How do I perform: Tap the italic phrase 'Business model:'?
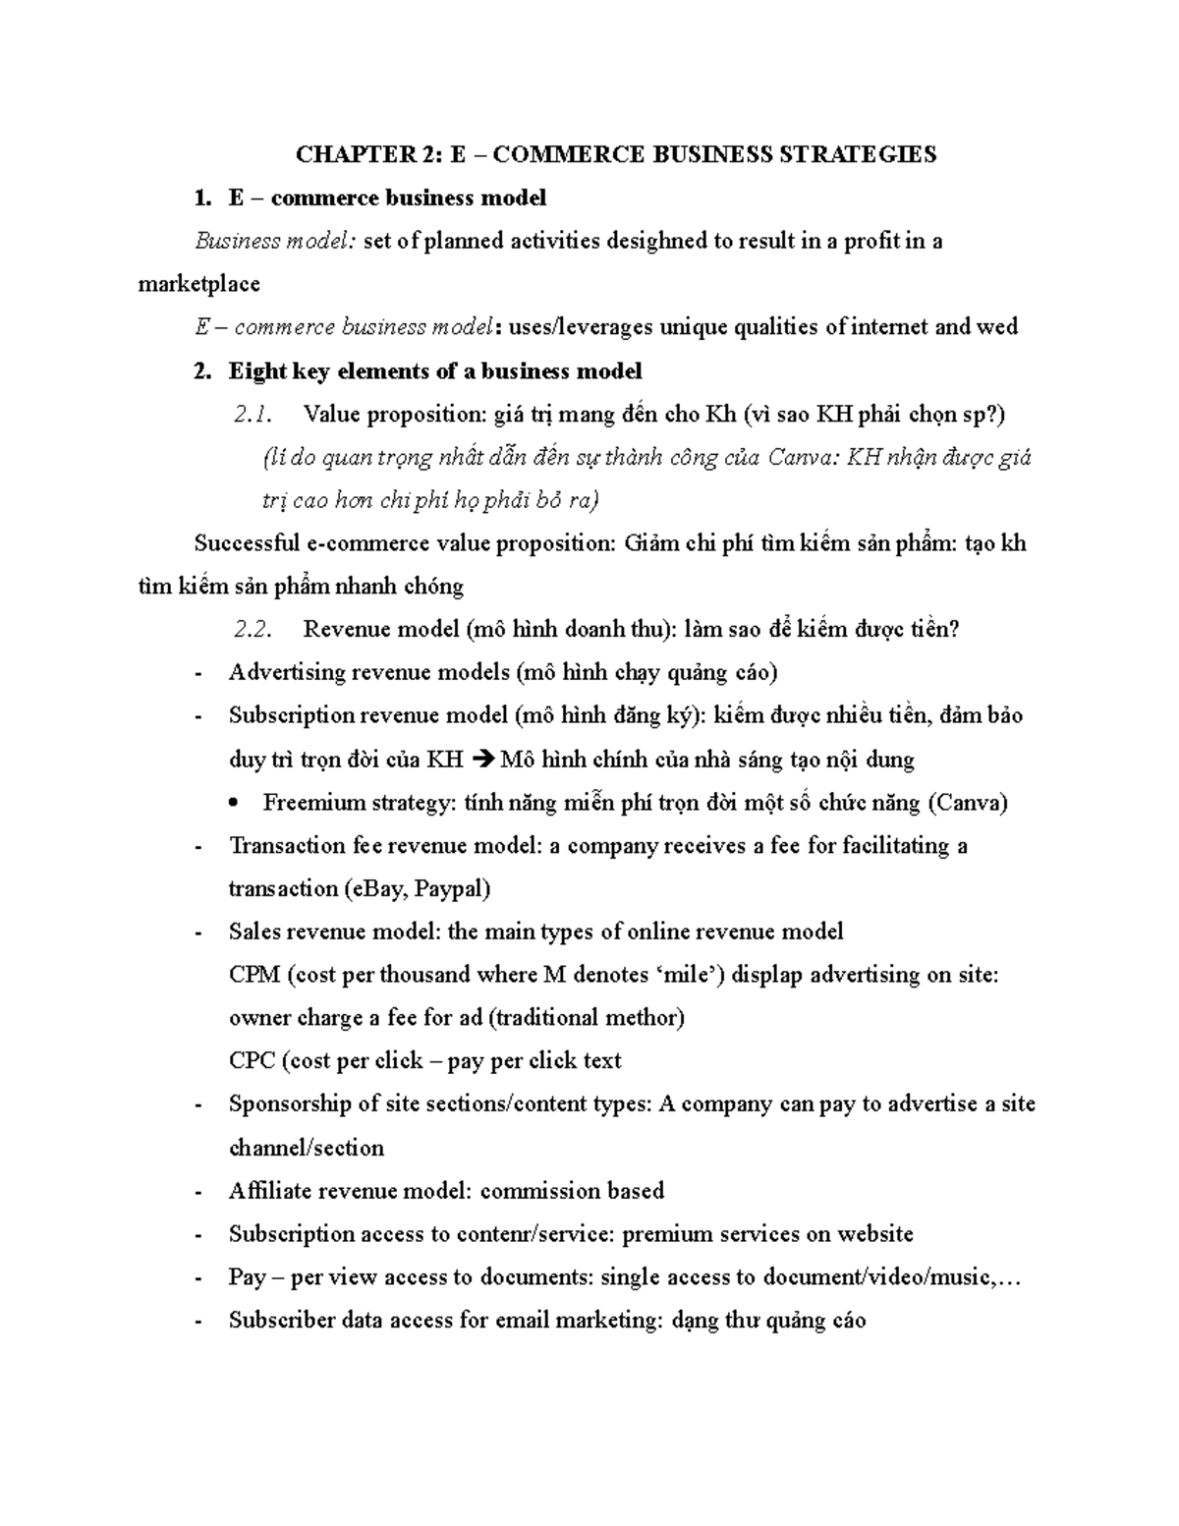276,241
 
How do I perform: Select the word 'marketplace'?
198,284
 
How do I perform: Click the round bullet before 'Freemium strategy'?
234,804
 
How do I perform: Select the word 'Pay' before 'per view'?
246,1277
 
